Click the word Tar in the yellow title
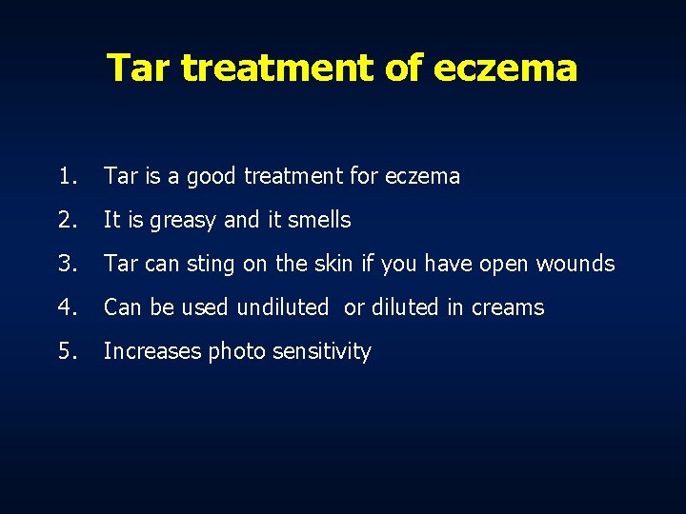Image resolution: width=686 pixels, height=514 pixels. click(139, 68)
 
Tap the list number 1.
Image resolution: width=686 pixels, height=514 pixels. click(66, 176)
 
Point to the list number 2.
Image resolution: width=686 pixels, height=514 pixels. click(66, 220)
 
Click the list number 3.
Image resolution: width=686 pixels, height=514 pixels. click(66, 264)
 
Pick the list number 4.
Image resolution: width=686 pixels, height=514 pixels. click(66, 307)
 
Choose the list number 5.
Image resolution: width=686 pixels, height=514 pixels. click(66, 351)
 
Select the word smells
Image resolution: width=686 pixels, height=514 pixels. click(318, 220)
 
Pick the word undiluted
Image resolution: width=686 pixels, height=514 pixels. click(283, 307)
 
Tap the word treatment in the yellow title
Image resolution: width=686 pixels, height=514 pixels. click(278, 69)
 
